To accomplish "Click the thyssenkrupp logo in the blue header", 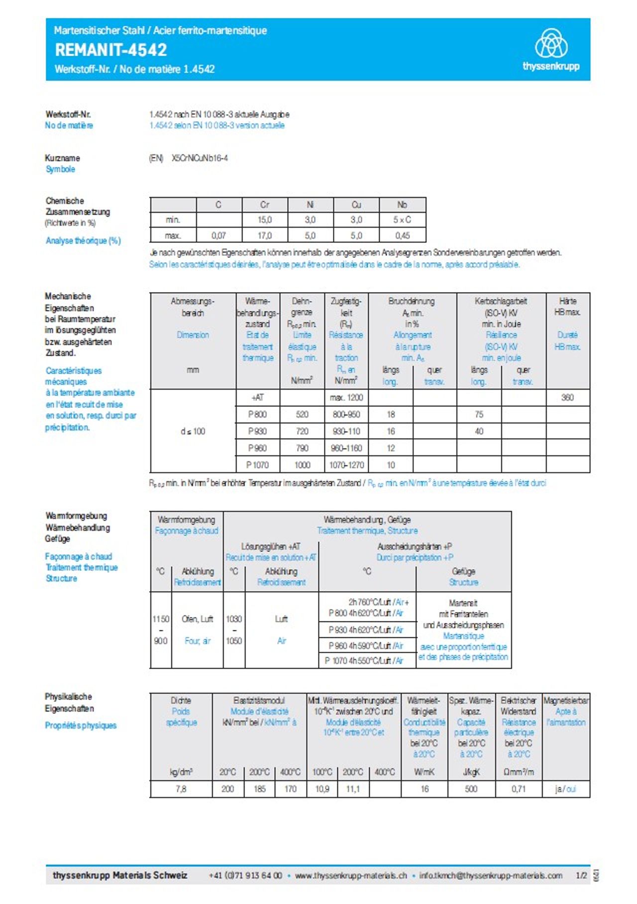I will [x=551, y=49].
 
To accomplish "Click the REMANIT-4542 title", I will [x=111, y=50].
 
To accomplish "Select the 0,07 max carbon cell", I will [x=218, y=235].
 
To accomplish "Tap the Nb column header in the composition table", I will [x=402, y=204].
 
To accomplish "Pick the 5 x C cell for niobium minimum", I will [x=402, y=219].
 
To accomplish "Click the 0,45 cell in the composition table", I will [x=402, y=235].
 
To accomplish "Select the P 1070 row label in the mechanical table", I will [x=257, y=465].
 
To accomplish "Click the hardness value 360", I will [x=567, y=398].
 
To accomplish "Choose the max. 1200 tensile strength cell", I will [x=346, y=398].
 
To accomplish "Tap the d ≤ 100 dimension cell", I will [x=193, y=431].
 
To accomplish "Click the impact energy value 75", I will [x=479, y=414].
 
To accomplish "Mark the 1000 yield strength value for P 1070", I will [x=302, y=465].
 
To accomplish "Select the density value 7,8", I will [x=181, y=789].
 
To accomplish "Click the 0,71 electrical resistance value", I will [x=519, y=789].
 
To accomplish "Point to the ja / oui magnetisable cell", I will [x=565, y=789].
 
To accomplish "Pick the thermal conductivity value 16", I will [x=425, y=789].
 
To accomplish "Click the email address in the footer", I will [x=491, y=876].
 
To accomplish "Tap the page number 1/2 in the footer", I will [x=581, y=876].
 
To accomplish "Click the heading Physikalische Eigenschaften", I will [x=69, y=703].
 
